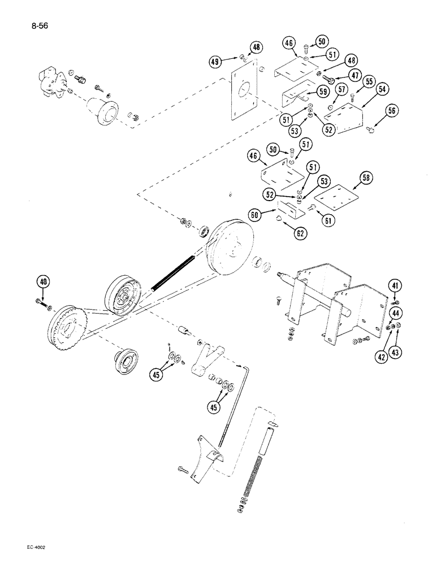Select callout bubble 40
43,281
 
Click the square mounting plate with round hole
243,96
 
